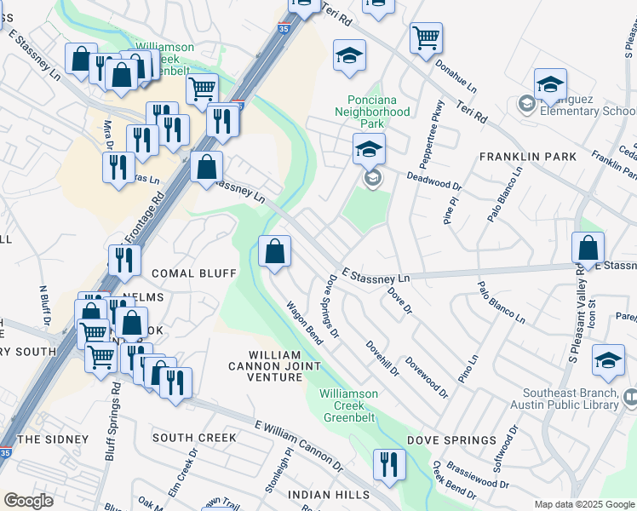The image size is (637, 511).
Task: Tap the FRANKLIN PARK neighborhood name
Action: click(527, 157)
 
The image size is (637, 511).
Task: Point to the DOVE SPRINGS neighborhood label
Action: click(451, 439)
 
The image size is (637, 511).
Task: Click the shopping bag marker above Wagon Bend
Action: click(275, 252)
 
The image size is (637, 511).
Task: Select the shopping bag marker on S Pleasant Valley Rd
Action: click(588, 249)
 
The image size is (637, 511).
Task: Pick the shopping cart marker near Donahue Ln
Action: click(425, 38)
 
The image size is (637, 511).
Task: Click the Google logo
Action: click(29, 501)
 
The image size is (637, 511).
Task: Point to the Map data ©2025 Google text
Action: click(583, 504)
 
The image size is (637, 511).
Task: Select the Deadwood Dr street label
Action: click(433, 180)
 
